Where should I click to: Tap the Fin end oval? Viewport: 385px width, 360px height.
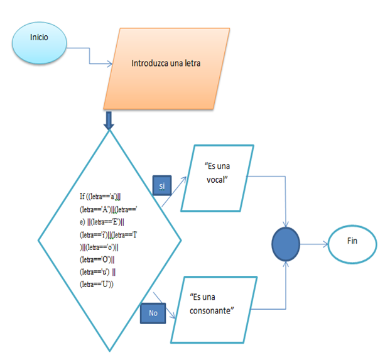[352, 242]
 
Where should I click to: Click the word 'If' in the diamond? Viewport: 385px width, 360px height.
[83, 197]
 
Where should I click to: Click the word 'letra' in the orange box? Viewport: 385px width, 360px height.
[191, 63]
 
